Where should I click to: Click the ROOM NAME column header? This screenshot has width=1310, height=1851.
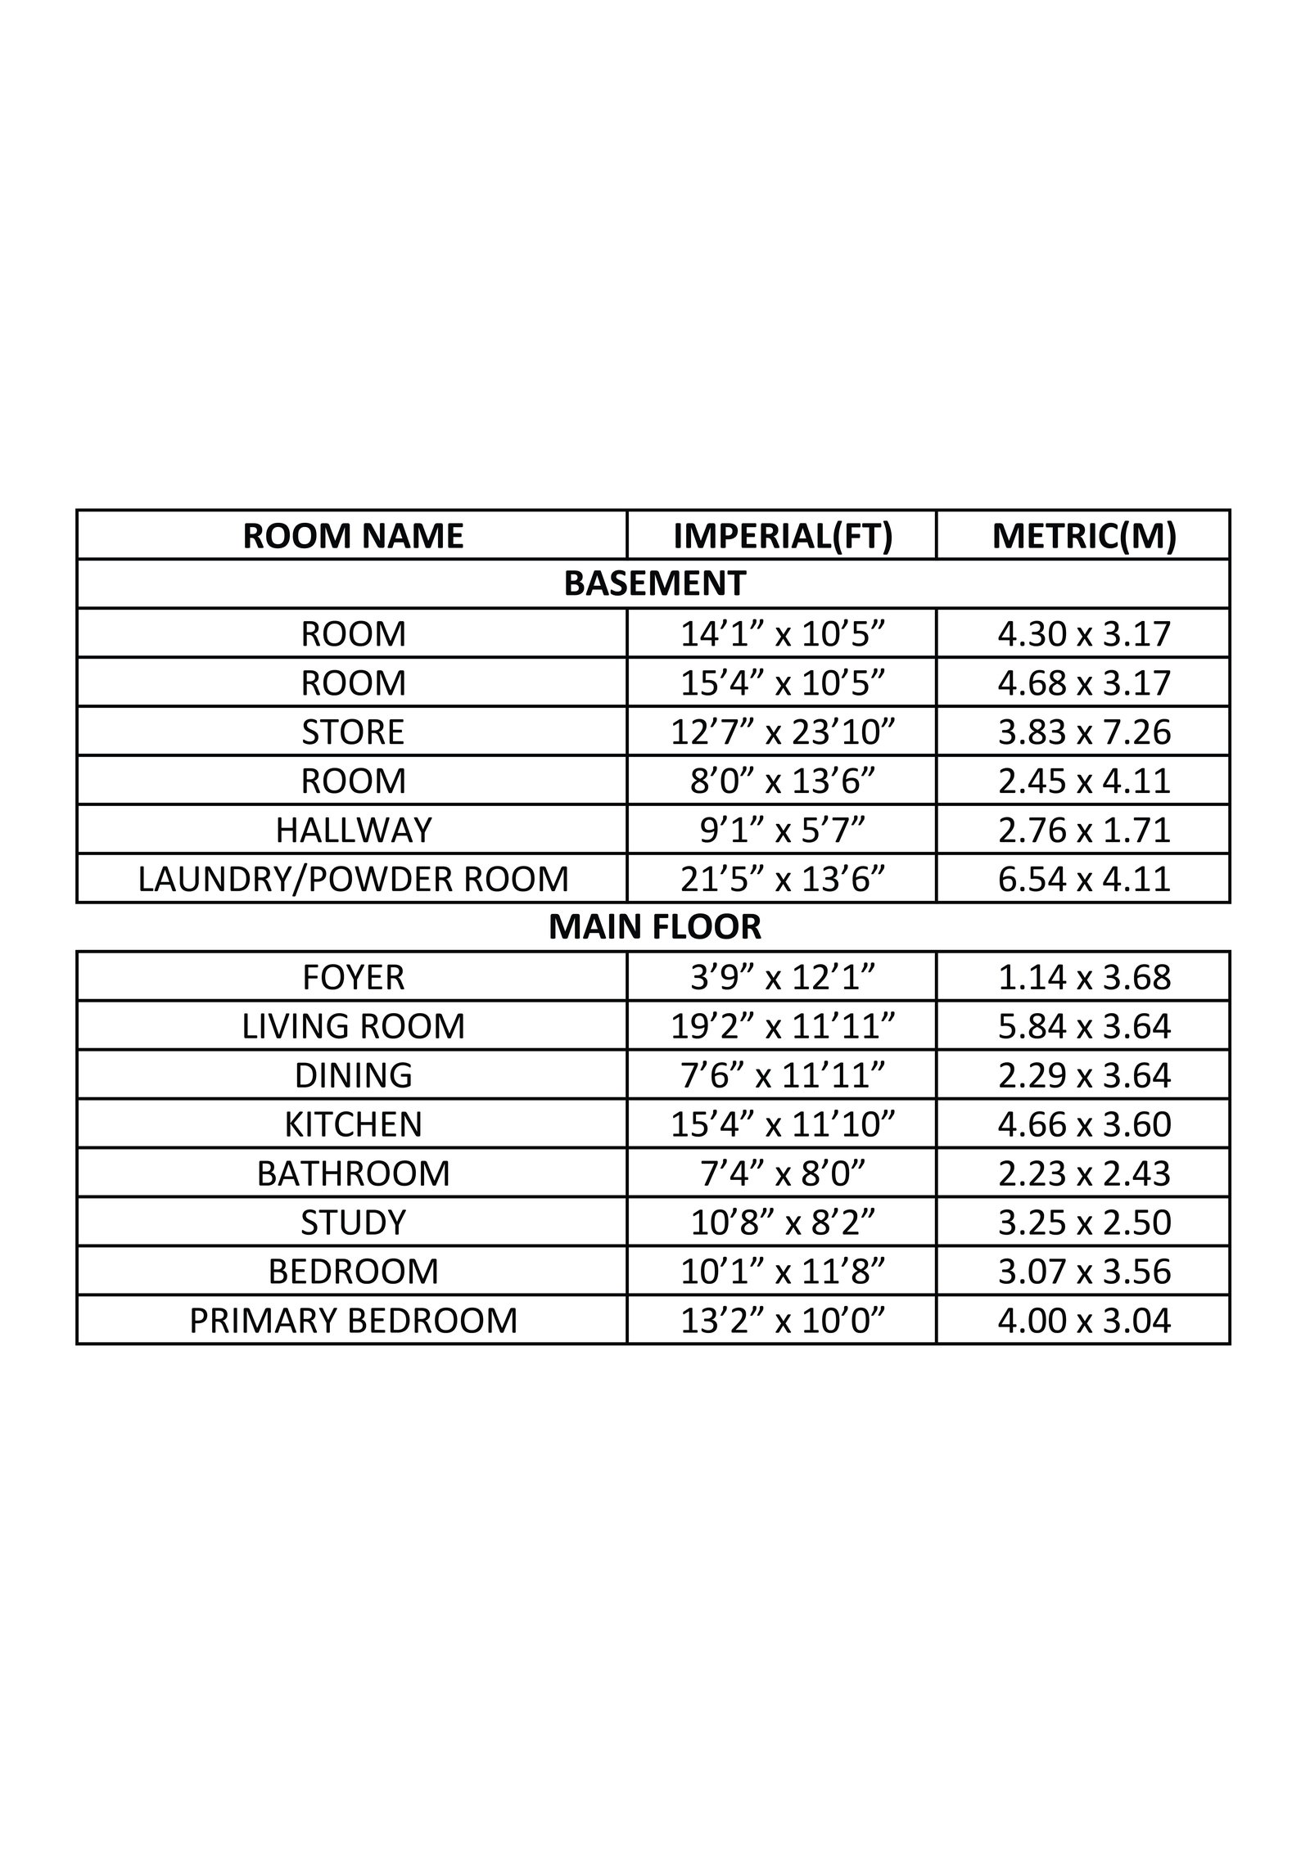(353, 536)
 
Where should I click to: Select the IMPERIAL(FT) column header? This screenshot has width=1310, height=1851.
(782, 536)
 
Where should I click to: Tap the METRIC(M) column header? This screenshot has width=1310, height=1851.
(1083, 536)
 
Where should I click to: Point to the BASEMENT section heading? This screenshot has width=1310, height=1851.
(654, 583)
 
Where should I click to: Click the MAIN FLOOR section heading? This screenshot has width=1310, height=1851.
(654, 927)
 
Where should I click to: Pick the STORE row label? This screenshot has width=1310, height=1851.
(353, 732)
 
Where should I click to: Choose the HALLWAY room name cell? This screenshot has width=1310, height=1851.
(353, 830)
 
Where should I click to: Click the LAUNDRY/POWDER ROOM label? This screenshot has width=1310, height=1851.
(353, 879)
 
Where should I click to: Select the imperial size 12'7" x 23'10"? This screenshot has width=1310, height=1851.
(782, 732)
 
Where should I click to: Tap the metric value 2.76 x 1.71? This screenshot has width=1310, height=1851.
(1083, 830)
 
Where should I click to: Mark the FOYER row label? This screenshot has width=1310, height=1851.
(353, 977)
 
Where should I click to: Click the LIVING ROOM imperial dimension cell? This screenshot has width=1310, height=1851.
(782, 1026)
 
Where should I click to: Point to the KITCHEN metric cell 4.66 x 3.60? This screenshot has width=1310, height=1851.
(1083, 1124)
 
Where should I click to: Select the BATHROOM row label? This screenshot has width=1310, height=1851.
(353, 1173)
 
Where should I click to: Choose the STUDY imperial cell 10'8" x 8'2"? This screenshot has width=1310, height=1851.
(782, 1223)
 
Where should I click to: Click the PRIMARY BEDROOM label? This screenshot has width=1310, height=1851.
(353, 1321)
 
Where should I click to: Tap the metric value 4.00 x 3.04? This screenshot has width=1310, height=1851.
(1083, 1321)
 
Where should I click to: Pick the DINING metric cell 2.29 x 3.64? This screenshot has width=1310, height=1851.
(1083, 1075)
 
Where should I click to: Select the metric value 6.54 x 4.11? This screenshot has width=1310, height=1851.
(1083, 879)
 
